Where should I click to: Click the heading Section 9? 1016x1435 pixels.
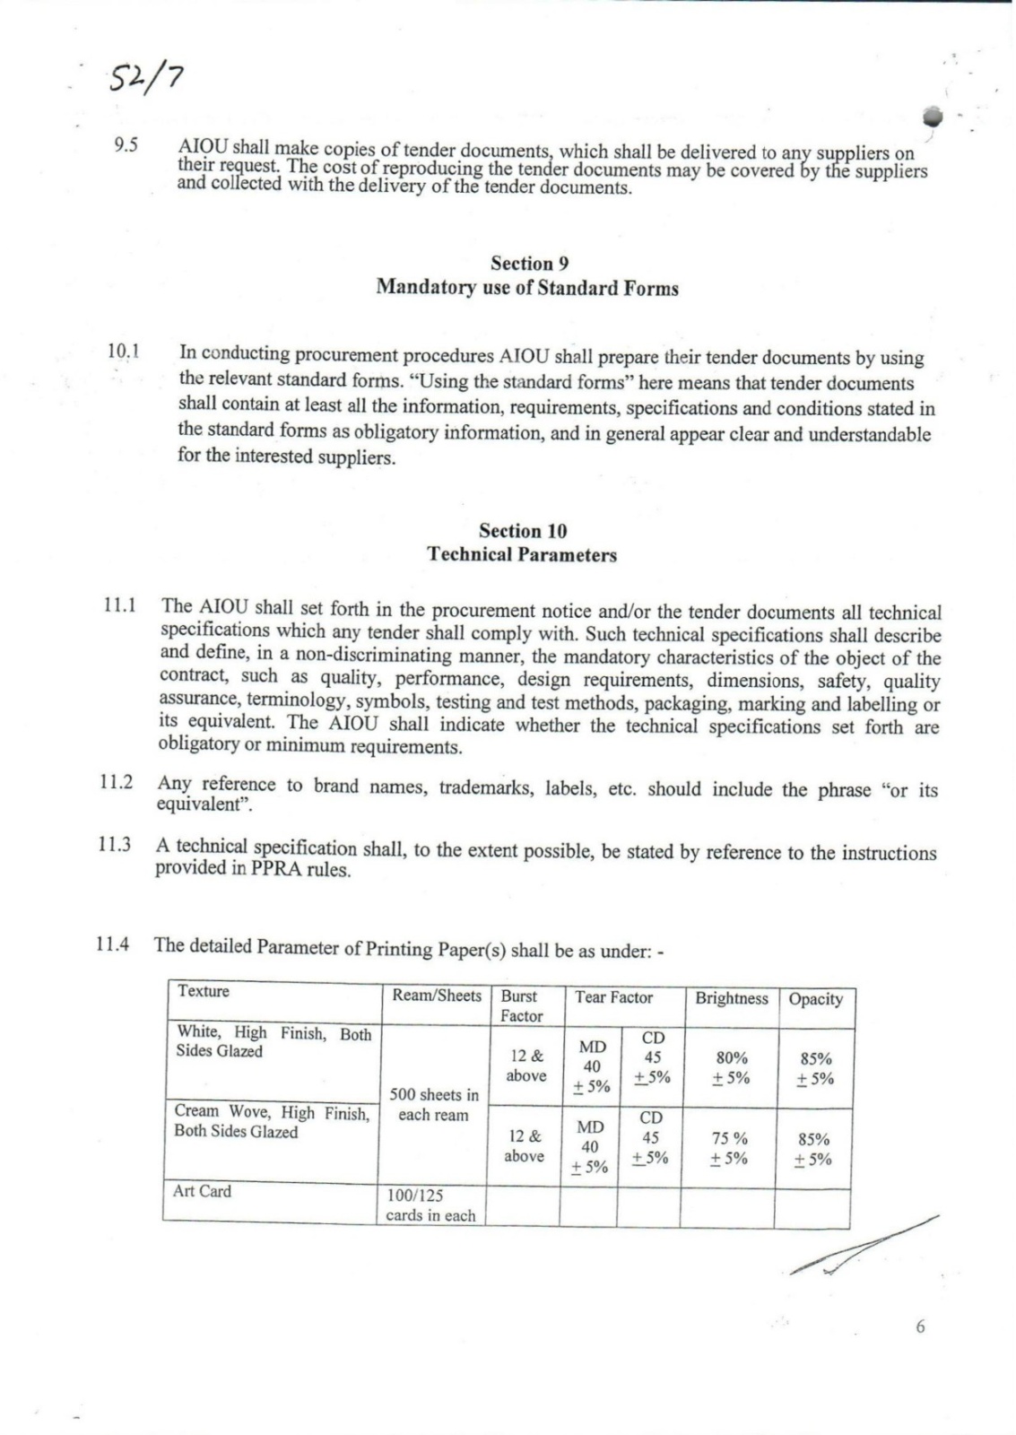point(529,264)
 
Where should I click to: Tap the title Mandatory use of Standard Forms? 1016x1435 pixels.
point(527,288)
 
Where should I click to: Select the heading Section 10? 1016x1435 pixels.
point(523,531)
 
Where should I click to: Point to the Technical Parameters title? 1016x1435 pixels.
point(522,554)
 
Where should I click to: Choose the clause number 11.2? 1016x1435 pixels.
point(117,782)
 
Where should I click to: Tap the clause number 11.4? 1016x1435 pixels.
point(113,944)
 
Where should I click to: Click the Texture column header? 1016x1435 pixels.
point(204,991)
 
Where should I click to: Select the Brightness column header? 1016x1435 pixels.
point(732,998)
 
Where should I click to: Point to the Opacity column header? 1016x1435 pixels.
point(815,999)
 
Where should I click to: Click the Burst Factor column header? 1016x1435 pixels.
point(521,1005)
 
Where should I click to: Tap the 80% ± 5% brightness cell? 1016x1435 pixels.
point(732,1067)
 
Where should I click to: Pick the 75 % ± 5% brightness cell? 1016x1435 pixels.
point(729,1148)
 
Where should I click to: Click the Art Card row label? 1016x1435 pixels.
point(202,1191)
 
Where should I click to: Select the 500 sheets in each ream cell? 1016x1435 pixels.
point(434,1105)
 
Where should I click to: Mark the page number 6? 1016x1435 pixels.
point(919,1326)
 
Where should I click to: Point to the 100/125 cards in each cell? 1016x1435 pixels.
point(430,1205)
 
